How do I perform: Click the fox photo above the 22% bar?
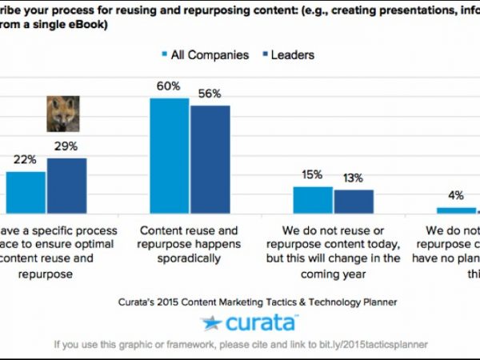click(x=62, y=114)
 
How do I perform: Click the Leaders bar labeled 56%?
click(x=210, y=159)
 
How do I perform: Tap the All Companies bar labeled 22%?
click(x=26, y=192)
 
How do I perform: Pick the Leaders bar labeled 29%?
click(x=66, y=185)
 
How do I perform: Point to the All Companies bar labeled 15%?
click(x=312, y=199)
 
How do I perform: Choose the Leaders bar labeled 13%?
click(x=354, y=201)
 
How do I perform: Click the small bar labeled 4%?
click(x=456, y=210)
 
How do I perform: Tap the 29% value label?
click(x=66, y=146)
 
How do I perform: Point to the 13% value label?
click(x=353, y=178)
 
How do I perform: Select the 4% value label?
click(x=456, y=195)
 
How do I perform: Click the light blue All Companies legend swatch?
click(x=165, y=55)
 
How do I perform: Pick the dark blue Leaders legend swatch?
click(x=255, y=55)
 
